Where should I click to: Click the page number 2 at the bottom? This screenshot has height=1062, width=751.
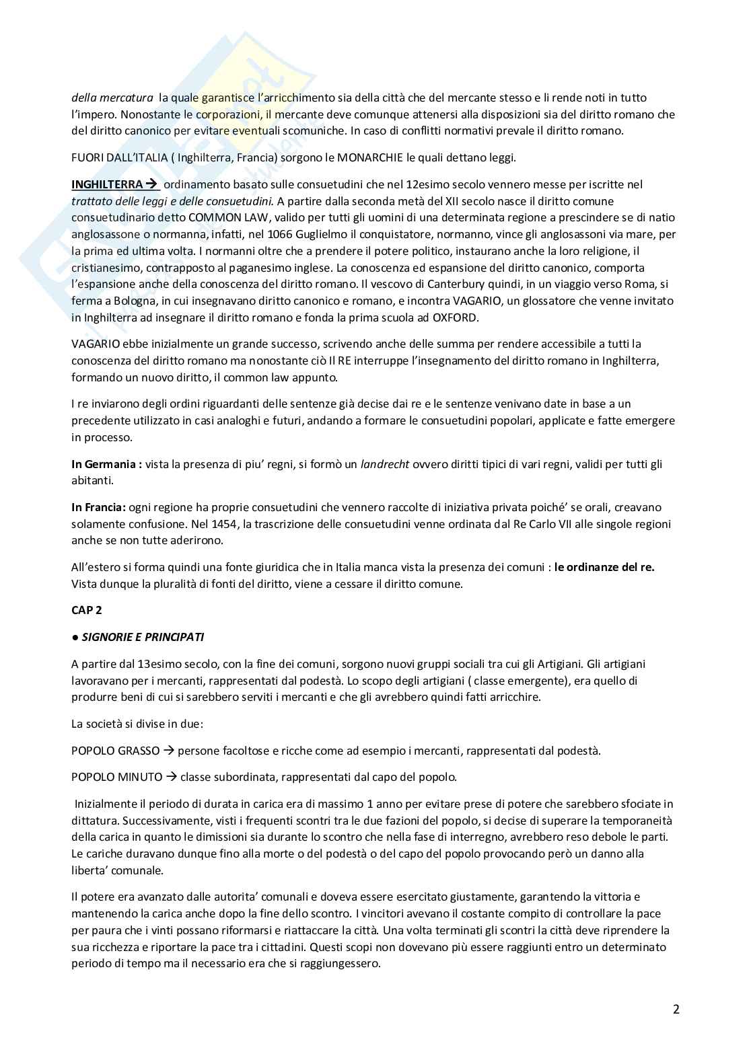coord(676,1009)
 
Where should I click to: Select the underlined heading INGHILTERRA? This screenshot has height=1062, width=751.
coord(107,184)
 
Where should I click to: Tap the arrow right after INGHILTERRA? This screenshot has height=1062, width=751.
coord(151,184)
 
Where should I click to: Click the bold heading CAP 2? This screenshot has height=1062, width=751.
coord(87,610)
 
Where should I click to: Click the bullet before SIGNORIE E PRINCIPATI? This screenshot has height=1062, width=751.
coord(75,637)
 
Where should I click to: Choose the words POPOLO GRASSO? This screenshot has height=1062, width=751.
coord(116,751)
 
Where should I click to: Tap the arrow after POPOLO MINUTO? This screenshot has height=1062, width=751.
coord(171,777)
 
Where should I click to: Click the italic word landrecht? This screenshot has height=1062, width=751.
coord(385,464)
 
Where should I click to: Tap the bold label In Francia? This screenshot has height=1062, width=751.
coord(99,507)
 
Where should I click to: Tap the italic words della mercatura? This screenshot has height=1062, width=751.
coord(112,98)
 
